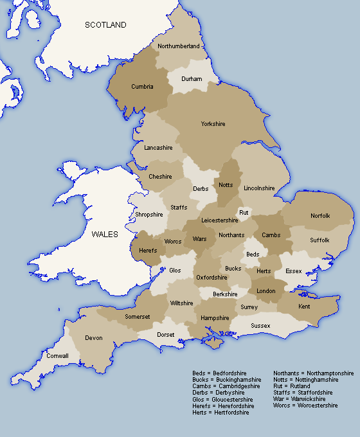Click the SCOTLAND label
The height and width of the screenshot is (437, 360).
[x=106, y=25]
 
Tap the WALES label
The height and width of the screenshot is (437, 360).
[x=104, y=235]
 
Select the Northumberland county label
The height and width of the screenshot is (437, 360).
[x=178, y=46]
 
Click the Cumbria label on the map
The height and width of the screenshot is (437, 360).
[x=142, y=87]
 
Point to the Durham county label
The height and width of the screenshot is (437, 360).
[x=192, y=79]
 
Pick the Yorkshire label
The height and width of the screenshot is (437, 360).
[x=213, y=124]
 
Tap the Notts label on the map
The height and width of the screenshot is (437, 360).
[x=226, y=185]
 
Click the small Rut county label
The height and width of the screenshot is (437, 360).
[x=244, y=212]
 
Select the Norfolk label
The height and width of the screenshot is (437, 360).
[x=319, y=216]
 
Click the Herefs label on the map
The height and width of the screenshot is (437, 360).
[x=148, y=251]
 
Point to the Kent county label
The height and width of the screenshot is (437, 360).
[x=304, y=307]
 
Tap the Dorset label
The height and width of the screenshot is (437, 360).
[x=166, y=335]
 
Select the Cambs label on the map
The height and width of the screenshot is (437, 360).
[x=271, y=235]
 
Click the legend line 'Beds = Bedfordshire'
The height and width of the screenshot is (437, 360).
[x=219, y=373]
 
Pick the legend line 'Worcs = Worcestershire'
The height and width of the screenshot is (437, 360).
[x=305, y=406]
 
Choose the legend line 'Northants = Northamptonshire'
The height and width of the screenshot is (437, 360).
[x=313, y=373]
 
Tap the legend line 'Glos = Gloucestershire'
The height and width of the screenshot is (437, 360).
[x=222, y=399]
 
